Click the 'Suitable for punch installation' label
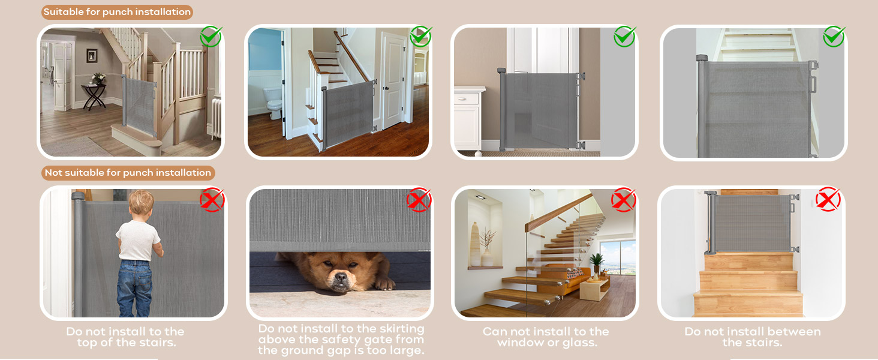(x=117, y=12)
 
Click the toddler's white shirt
(x=138, y=240)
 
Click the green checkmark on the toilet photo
(x=420, y=37)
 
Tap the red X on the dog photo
(x=419, y=199)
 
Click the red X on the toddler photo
(x=212, y=199)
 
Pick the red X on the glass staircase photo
(x=624, y=199)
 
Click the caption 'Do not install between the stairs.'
(x=752, y=337)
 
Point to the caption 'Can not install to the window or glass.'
(x=546, y=337)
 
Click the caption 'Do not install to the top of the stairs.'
(x=125, y=337)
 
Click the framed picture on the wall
(x=92, y=56)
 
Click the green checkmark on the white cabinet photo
(x=624, y=37)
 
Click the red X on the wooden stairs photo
(x=828, y=199)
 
